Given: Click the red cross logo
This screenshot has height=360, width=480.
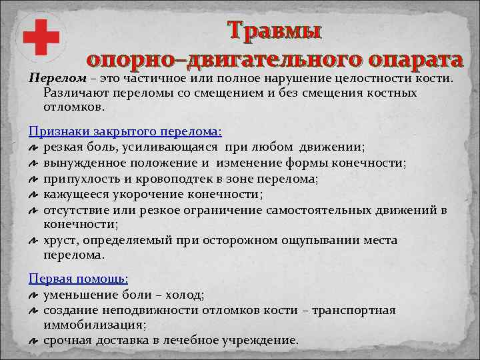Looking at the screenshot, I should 42,37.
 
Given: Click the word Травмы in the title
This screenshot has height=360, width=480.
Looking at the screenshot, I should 274,31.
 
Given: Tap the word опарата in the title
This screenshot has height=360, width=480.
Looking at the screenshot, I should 407,59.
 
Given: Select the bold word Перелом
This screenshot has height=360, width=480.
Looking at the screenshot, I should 48,79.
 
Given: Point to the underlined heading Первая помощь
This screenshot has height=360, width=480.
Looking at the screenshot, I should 79,278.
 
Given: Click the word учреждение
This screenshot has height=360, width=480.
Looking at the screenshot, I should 263,340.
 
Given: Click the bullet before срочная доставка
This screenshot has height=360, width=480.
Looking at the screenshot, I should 33,341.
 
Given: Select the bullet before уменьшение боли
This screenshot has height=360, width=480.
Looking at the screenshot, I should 33,295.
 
